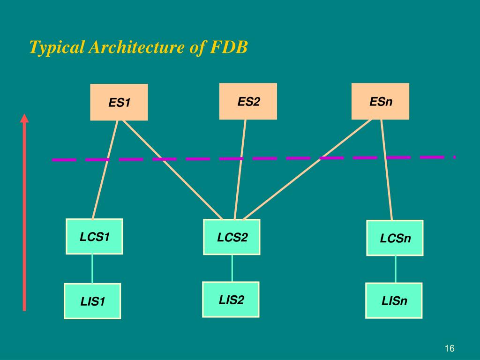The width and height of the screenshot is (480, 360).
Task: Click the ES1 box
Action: [x=119, y=102]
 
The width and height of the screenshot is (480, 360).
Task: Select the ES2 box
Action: [x=248, y=101]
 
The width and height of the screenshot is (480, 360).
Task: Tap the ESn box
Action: [x=380, y=101]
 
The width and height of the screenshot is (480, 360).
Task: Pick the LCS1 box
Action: [x=94, y=237]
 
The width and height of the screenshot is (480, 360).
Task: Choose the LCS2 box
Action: [x=232, y=237]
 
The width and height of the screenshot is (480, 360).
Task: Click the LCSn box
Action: [x=395, y=238]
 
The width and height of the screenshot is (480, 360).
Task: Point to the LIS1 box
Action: [x=92, y=301]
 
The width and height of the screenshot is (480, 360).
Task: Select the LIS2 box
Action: [x=231, y=300]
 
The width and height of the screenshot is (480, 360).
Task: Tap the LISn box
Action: [x=394, y=300]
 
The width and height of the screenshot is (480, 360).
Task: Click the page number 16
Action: [x=450, y=348]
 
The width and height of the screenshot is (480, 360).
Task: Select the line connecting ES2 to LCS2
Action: [x=240, y=169]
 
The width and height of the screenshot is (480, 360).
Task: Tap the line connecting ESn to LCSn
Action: [x=387, y=169]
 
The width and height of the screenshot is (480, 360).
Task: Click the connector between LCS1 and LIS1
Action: [x=92, y=269]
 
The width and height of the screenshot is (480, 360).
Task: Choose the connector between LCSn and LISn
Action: [x=396, y=269]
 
